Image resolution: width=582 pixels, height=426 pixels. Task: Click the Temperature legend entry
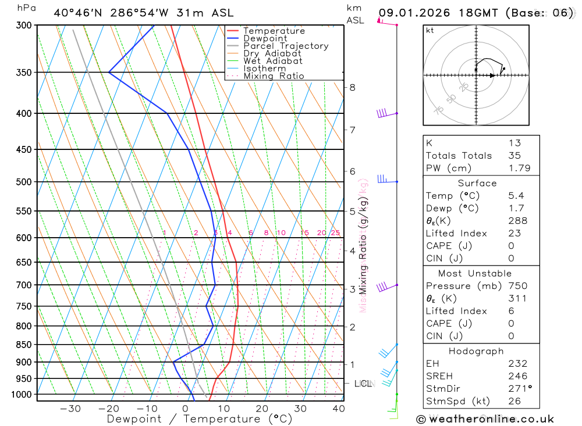(x=274, y=31)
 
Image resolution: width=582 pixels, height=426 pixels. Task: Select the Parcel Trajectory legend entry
(x=286, y=46)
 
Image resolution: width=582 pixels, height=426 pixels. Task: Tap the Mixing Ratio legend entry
(x=274, y=76)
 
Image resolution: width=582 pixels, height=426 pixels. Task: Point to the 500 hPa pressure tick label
(x=24, y=182)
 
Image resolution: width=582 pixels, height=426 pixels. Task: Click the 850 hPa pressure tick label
(x=24, y=345)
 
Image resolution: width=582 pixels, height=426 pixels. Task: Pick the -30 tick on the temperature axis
(x=70, y=409)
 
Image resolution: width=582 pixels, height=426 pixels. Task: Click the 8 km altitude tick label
(x=352, y=88)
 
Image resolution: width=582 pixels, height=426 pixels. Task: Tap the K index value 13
(x=514, y=143)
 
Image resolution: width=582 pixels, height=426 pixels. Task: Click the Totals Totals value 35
(x=514, y=156)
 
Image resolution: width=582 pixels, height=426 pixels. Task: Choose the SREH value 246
(x=517, y=377)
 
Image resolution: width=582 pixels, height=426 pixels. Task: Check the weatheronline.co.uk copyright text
(x=485, y=418)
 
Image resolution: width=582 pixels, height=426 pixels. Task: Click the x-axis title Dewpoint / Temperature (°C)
(x=200, y=419)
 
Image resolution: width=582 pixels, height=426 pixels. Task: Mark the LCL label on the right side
(x=363, y=384)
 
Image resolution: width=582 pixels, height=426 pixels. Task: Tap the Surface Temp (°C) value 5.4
(x=515, y=196)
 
